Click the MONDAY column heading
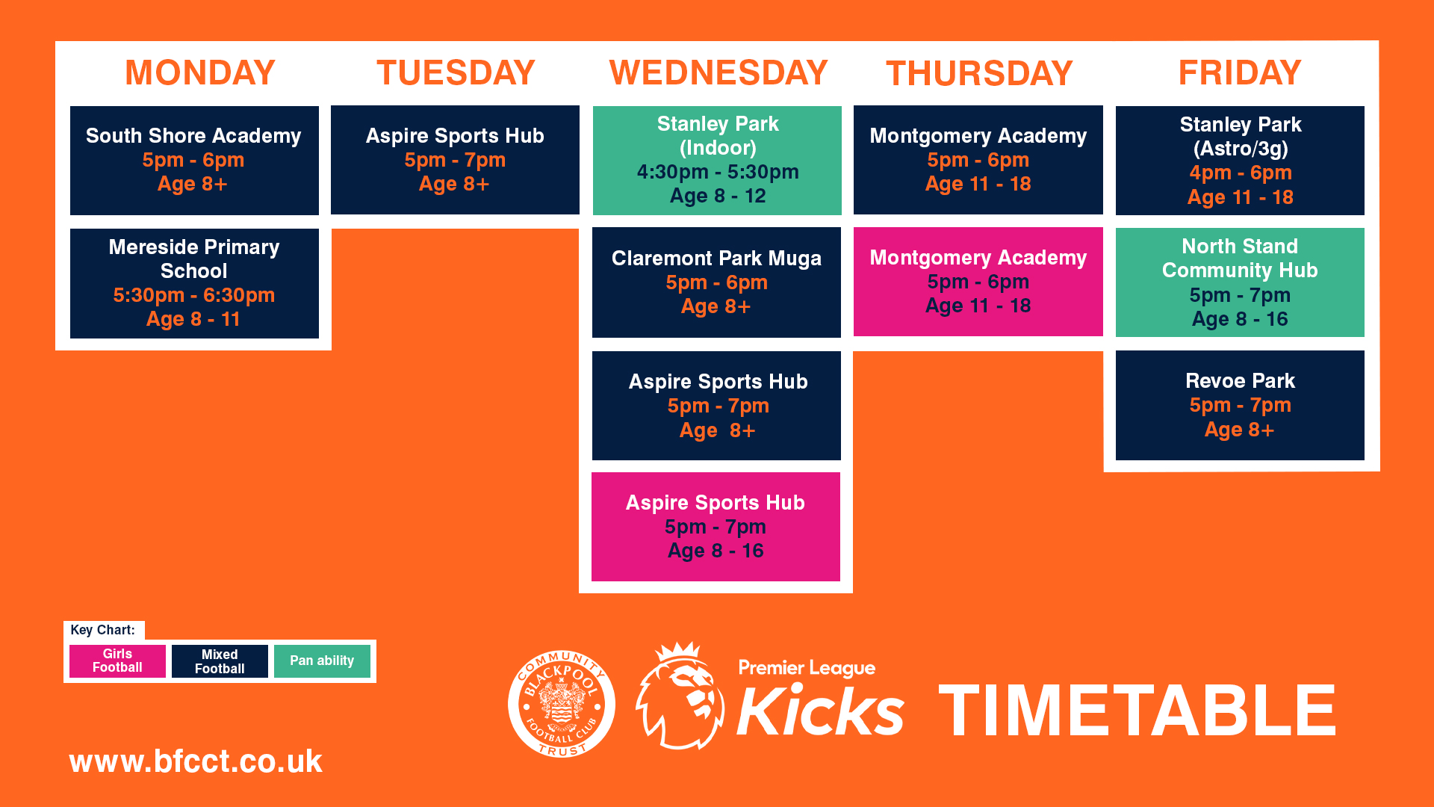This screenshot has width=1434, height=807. [200, 72]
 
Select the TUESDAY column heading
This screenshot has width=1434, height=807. [456, 72]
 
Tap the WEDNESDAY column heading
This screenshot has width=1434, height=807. [718, 72]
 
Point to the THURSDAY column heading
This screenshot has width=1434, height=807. [979, 73]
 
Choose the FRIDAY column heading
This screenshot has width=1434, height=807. [1240, 72]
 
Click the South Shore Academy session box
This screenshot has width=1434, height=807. [194, 161]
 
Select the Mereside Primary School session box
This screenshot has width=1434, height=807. [194, 283]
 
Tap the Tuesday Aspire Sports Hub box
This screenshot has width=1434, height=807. [455, 160]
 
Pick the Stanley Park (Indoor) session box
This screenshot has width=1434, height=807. [717, 161]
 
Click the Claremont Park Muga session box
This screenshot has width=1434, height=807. [716, 282]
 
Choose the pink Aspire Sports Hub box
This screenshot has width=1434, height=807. [716, 527]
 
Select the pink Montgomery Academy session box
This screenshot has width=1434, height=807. [978, 282]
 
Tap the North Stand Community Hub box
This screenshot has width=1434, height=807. [1240, 282]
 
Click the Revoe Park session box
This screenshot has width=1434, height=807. [1240, 405]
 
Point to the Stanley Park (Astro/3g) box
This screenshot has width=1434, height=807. [1240, 161]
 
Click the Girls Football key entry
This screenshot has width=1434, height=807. [117, 661]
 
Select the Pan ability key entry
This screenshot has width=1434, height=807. [322, 661]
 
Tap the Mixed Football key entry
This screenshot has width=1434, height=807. [220, 661]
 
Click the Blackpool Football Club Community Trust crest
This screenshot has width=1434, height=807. [562, 704]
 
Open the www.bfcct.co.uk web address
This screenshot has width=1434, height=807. [196, 761]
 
